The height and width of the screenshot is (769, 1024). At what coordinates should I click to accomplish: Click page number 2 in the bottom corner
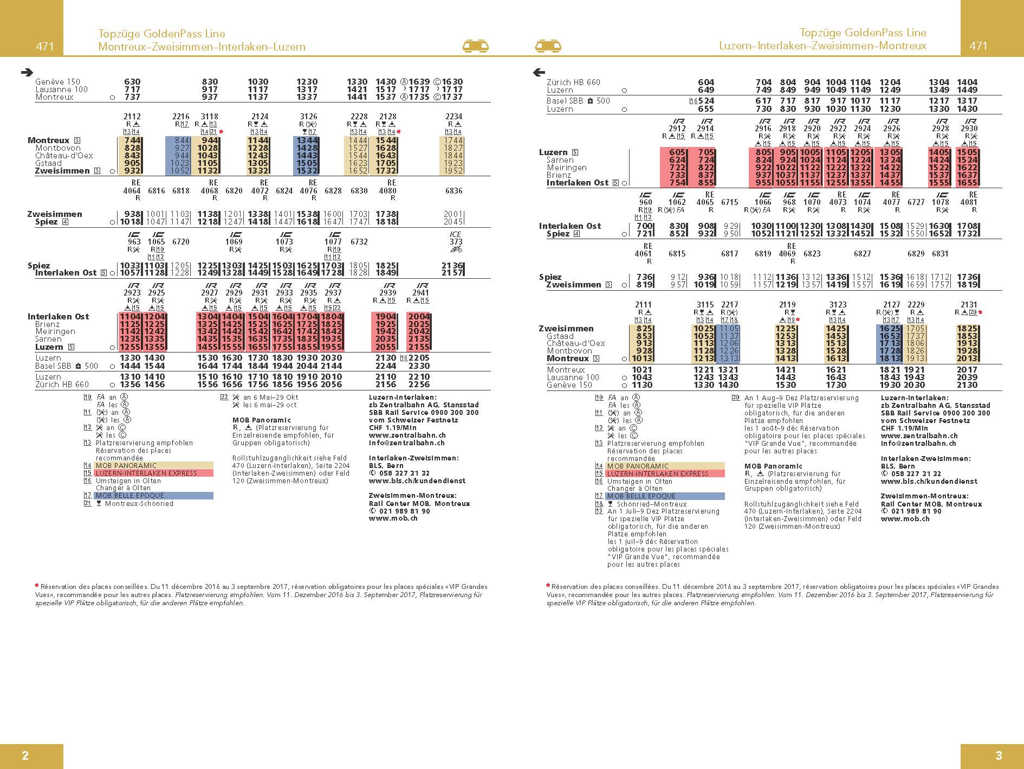click(25, 755)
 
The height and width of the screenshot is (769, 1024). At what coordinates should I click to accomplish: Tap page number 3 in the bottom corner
click(999, 755)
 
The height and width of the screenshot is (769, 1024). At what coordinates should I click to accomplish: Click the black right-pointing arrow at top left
click(27, 72)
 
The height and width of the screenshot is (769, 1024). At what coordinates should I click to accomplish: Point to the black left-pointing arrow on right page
click(539, 72)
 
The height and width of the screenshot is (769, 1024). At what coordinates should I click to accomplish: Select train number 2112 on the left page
click(132, 117)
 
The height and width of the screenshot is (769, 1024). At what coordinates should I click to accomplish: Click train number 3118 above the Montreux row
click(210, 117)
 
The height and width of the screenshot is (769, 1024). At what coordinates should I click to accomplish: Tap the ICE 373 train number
click(456, 242)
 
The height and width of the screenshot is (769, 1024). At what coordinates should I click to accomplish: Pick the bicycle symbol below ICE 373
click(456, 249)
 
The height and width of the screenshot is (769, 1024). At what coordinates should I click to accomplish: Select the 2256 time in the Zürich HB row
click(419, 385)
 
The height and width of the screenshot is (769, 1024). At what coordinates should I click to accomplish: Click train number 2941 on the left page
click(420, 293)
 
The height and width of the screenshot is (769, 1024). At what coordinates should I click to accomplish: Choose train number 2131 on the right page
click(969, 305)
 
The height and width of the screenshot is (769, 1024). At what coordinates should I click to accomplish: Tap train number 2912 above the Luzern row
click(677, 129)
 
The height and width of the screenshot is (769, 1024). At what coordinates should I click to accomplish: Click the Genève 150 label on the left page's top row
click(57, 82)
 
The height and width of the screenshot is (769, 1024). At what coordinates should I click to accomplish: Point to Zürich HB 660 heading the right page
click(573, 82)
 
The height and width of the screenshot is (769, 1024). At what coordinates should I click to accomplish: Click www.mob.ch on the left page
click(393, 518)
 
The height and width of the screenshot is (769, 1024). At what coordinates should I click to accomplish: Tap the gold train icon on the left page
click(476, 46)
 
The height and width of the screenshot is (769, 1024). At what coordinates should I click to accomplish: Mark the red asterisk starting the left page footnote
click(37, 586)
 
